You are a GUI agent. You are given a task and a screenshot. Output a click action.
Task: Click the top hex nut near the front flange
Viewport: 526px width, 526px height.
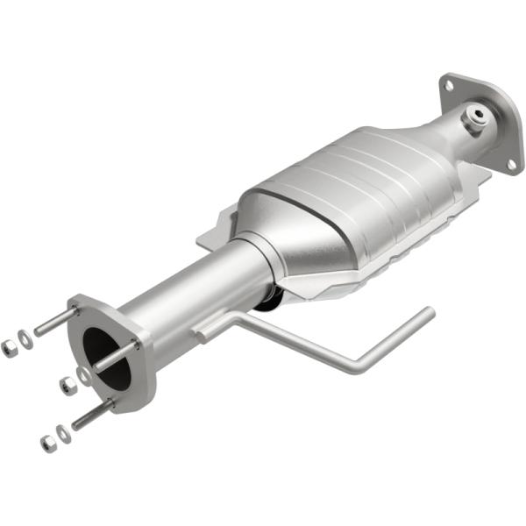click(10, 348)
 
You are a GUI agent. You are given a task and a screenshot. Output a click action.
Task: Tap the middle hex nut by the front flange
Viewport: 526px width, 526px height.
click(66, 384)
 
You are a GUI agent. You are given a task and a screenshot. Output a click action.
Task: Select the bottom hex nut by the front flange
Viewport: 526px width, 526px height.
click(46, 443)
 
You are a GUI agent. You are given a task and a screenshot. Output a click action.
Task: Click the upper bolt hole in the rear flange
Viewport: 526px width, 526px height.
click(450, 86)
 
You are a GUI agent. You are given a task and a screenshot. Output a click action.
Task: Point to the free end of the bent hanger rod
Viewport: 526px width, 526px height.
click(428, 312)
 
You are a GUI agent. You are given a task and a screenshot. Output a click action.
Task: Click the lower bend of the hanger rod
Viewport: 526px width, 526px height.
click(354, 366)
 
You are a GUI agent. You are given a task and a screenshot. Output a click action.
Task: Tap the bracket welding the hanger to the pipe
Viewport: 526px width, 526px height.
click(210, 329)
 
